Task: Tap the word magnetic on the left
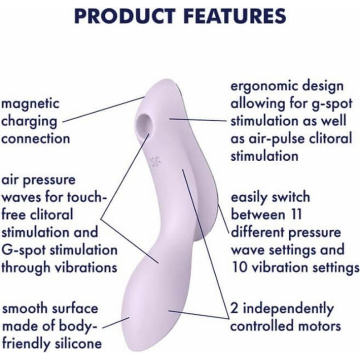(30, 104)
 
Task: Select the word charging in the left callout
(29, 121)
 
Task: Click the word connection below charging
(36, 139)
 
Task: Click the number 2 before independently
(234, 308)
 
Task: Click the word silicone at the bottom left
(78, 343)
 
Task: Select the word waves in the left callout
(21, 198)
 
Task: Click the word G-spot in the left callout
(24, 250)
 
